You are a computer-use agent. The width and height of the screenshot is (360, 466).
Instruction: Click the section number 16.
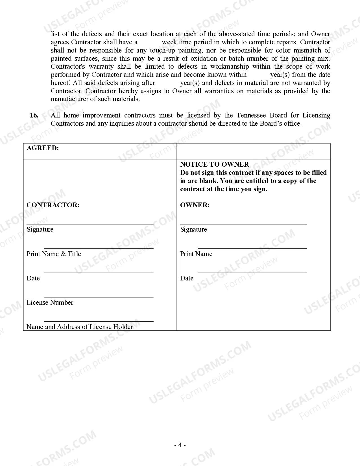click(34, 115)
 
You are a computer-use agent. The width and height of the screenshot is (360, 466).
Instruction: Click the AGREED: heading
click(43, 148)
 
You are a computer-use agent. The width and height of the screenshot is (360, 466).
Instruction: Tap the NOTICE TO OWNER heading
click(215, 164)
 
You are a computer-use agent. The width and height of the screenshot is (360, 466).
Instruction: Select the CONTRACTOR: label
click(53, 205)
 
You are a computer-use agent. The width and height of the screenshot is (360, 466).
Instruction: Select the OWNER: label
click(195, 205)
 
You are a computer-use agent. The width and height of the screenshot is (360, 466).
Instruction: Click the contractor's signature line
click(90, 224)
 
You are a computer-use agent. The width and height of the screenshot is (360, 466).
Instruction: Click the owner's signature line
click(243, 224)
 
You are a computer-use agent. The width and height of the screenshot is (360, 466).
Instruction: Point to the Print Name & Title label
click(54, 254)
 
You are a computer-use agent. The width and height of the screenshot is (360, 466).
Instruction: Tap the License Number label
click(50, 302)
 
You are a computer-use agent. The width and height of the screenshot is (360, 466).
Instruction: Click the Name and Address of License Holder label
click(80, 327)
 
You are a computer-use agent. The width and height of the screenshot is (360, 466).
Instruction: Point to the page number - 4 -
click(180, 445)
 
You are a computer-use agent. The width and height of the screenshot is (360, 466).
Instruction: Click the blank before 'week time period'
click(150, 42)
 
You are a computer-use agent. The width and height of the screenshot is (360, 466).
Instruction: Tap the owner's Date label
click(187, 278)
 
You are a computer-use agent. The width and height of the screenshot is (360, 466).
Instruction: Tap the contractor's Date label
click(33, 278)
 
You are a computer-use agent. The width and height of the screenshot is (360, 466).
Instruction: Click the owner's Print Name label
click(196, 254)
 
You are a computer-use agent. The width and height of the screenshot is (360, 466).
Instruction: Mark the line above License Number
click(99, 297)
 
